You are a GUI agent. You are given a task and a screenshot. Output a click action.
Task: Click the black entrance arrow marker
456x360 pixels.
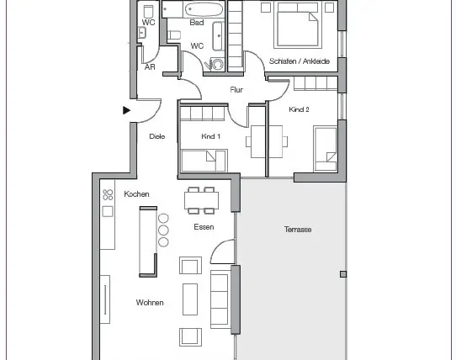(x=126, y=110)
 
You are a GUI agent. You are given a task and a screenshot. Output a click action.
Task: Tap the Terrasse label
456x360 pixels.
(x=298, y=230)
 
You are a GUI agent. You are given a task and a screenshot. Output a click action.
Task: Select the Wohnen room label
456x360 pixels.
(x=150, y=303)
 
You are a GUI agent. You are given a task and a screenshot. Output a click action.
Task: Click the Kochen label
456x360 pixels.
(x=136, y=194)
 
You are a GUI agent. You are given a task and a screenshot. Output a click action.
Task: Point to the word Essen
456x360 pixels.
(x=204, y=227)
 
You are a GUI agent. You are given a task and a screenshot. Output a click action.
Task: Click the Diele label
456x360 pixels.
(x=157, y=136)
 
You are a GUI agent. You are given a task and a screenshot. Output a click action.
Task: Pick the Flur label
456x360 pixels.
(x=236, y=89)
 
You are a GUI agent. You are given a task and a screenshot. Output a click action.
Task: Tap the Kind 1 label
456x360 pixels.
(x=210, y=136)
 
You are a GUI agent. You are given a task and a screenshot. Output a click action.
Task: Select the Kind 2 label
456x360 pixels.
(x=299, y=109)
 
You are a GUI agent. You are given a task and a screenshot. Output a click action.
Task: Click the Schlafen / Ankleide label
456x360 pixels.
(x=300, y=61)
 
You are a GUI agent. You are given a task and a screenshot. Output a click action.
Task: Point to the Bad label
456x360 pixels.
(x=197, y=23)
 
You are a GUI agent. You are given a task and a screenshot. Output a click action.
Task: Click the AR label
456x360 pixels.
(x=150, y=67)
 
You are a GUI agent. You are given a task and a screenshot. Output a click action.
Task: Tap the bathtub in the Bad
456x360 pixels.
(x=204, y=9)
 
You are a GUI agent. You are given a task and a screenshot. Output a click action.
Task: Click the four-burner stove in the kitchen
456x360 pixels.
(x=108, y=195)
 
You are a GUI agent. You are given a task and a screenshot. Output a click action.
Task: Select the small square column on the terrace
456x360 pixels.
(x=343, y=274)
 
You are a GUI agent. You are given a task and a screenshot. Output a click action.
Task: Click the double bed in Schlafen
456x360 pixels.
(x=298, y=25)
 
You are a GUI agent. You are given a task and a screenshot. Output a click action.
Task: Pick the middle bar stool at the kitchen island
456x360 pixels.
(x=163, y=230)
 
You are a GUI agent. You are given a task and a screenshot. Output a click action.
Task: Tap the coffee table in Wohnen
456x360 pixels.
(x=190, y=299)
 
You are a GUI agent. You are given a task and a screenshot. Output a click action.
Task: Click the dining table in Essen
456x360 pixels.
(x=201, y=201)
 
